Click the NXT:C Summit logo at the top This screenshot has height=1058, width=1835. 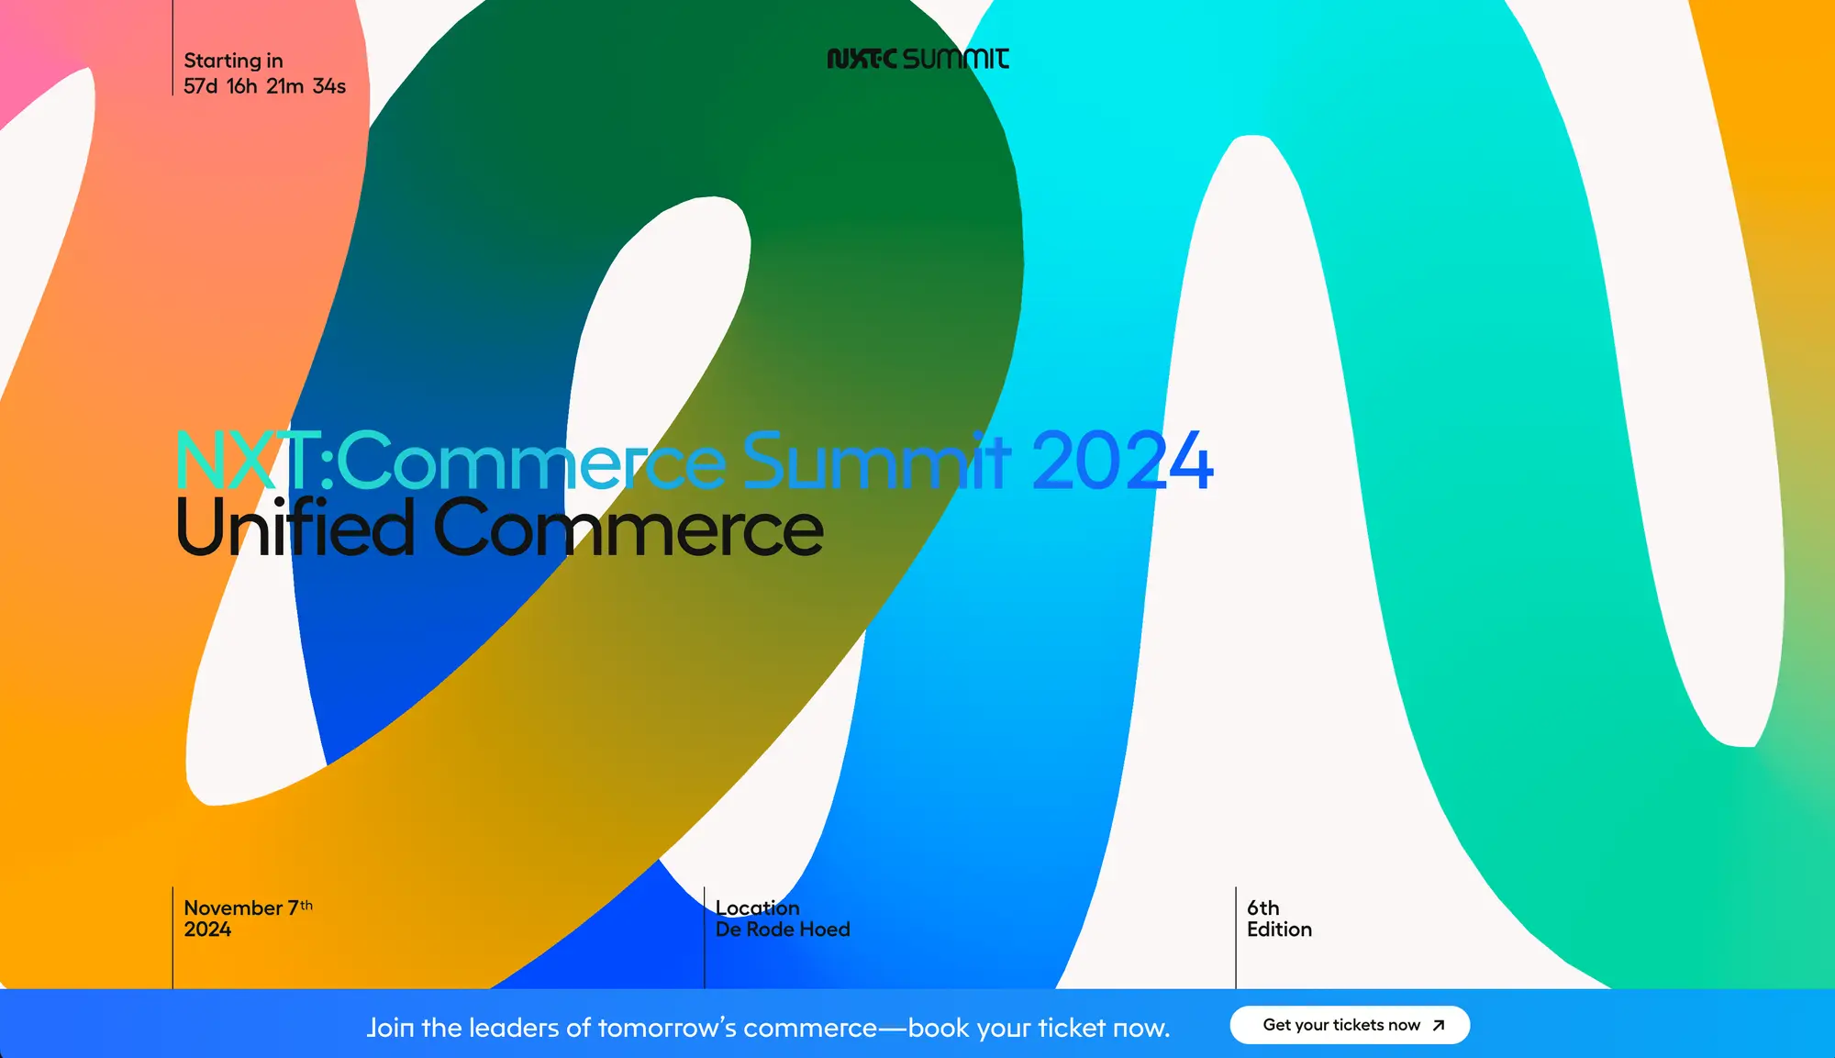[917, 59]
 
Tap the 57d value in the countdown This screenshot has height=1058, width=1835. [201, 86]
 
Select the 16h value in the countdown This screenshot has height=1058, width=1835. [242, 86]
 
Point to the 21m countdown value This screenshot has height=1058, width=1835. [285, 86]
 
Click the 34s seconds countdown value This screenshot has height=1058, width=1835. [329, 86]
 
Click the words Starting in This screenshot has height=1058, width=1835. [233, 61]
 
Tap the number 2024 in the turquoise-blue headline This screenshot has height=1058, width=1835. [1122, 461]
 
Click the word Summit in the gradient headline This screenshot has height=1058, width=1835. [877, 461]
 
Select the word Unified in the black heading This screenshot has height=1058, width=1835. [295, 529]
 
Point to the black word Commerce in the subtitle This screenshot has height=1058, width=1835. [628, 529]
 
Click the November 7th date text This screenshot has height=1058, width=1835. [248, 908]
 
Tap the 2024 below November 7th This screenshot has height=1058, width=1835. [207, 930]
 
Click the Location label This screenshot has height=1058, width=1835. [758, 908]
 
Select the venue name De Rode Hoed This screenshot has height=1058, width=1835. [783, 930]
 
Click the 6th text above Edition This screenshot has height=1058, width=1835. [1263, 908]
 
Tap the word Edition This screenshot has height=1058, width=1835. [1279, 930]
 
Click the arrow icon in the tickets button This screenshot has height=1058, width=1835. [1439, 1025]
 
